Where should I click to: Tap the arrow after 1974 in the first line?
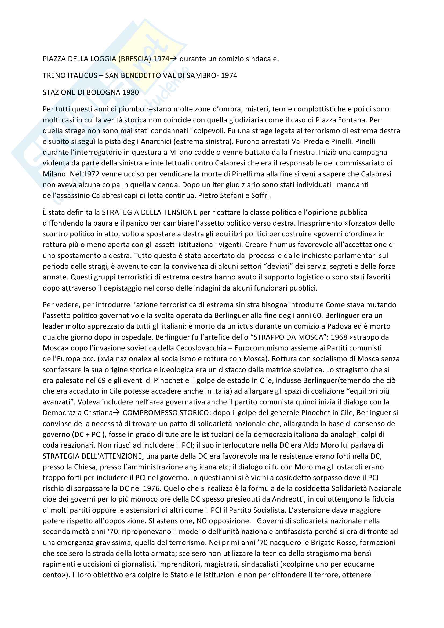point(173,59)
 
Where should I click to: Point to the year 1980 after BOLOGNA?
point(130,92)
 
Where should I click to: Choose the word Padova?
point(339,326)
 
